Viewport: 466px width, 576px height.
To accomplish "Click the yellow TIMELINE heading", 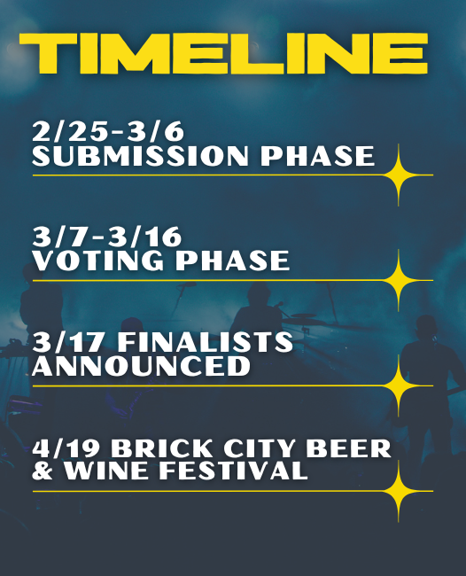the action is coord(223,54).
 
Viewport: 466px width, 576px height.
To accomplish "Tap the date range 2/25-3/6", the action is coord(108,131).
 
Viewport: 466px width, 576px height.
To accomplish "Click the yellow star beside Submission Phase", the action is coord(399,175).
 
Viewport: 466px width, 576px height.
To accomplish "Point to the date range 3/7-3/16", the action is coord(107,237).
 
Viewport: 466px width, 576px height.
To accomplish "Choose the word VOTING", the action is coord(98,261).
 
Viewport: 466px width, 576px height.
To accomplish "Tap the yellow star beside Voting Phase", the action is coord(399,280).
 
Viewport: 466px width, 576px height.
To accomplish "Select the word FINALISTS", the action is coord(206,342).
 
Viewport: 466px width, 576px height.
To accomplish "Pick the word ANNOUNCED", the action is coord(142,366).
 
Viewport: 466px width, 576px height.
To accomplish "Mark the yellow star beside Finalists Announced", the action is coord(399,385).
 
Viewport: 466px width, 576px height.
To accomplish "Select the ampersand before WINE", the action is coord(43,471).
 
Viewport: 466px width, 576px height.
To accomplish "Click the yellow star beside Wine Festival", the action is coord(399,491).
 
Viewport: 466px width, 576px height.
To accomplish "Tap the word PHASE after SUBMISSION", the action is coord(317,156).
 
